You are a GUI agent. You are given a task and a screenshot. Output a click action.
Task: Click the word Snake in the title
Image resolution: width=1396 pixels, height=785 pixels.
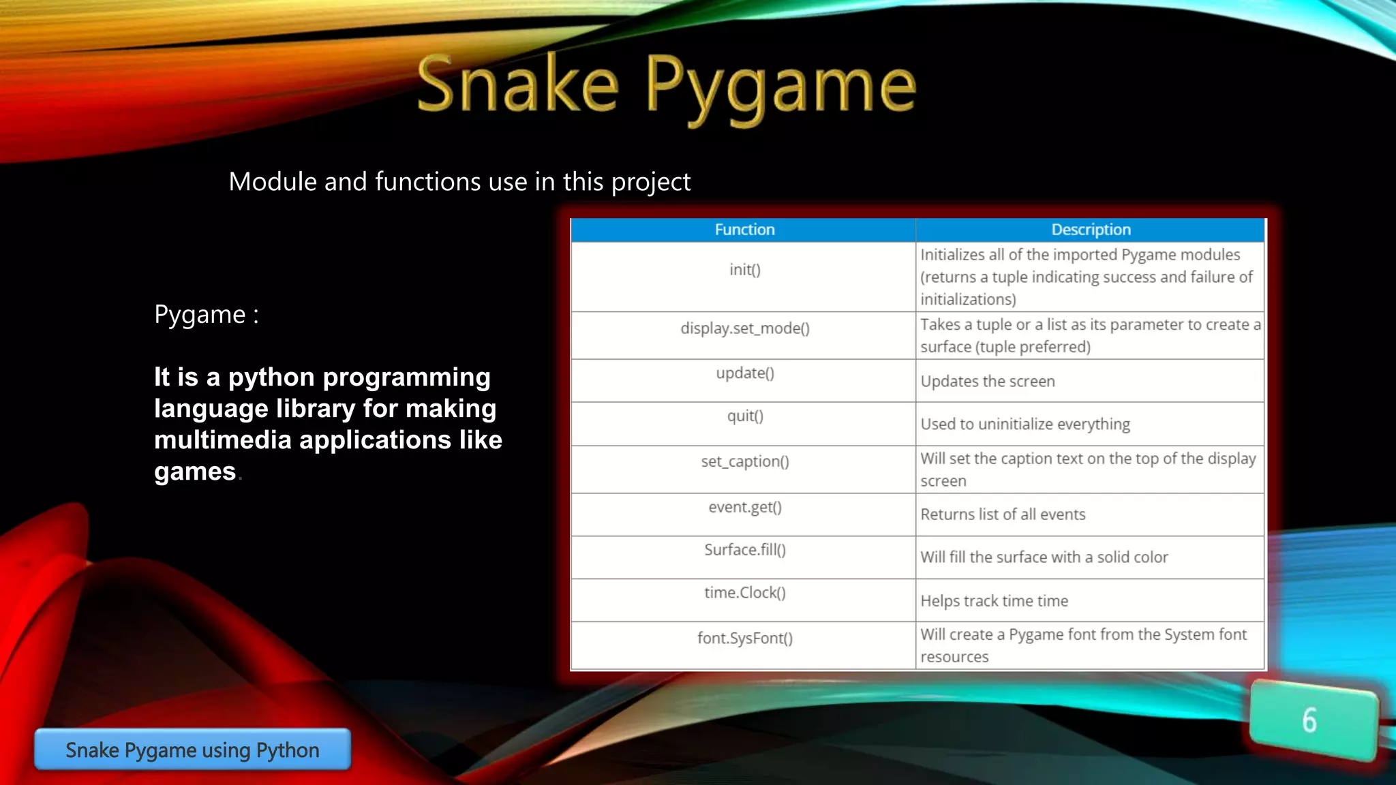[x=518, y=85]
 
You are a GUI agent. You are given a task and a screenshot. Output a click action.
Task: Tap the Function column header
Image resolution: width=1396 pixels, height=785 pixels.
[x=744, y=230]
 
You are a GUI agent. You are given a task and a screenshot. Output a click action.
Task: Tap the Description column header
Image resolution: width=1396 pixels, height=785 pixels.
[x=1091, y=230]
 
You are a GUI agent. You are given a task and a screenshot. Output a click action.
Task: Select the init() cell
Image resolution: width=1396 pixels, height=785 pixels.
[x=744, y=270]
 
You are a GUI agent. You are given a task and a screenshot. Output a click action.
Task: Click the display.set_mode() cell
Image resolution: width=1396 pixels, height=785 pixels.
[x=744, y=328]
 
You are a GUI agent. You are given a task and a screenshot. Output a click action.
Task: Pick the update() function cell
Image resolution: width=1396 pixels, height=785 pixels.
[x=744, y=373]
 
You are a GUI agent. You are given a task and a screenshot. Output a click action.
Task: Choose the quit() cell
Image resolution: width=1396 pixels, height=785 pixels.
[x=744, y=416]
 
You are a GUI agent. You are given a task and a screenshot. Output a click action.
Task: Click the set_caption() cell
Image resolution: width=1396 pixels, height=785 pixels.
[x=744, y=462]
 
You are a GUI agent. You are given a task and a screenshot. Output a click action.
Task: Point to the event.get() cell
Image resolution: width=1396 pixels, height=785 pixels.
[x=744, y=507]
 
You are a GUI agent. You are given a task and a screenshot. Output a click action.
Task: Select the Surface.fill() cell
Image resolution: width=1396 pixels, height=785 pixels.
[x=744, y=550]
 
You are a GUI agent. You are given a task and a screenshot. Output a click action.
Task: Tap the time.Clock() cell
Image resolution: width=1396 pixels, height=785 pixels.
[x=744, y=593]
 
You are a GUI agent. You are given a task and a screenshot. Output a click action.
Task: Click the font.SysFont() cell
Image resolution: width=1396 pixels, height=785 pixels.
[x=744, y=638]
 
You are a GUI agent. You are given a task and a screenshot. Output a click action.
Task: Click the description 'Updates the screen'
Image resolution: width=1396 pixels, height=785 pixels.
[x=987, y=382]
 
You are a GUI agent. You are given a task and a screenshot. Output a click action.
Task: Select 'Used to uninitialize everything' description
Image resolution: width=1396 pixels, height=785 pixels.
[x=1025, y=425]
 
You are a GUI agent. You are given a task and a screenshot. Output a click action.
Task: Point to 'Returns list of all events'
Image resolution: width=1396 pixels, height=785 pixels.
[x=1003, y=514]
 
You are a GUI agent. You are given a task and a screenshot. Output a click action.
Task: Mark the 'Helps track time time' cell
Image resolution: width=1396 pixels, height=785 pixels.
[x=994, y=601]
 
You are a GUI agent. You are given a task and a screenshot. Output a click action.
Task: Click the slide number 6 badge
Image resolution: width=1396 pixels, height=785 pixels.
[x=1312, y=720]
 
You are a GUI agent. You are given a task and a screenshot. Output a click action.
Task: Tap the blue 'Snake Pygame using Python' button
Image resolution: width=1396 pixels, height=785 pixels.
[x=192, y=750]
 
